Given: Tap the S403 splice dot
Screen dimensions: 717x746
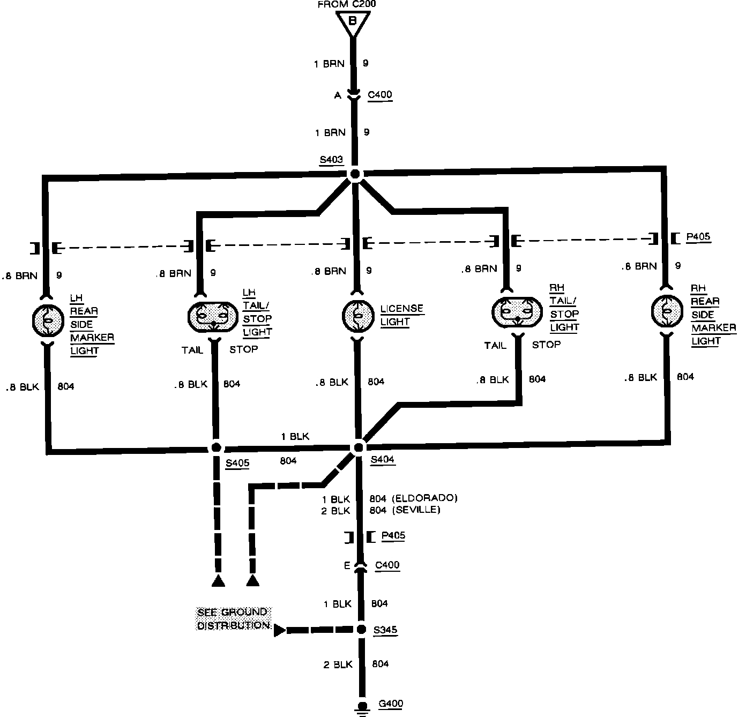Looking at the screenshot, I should [x=354, y=174].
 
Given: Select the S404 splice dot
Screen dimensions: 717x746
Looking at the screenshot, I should [x=359, y=447].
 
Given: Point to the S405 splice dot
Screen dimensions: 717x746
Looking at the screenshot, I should [x=217, y=447].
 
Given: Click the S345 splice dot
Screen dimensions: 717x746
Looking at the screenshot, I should [x=362, y=629].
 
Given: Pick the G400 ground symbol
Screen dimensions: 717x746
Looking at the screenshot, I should [x=363, y=707].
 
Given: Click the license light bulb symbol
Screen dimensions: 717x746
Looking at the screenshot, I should [x=357, y=315].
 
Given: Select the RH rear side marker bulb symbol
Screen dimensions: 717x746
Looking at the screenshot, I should [x=666, y=311].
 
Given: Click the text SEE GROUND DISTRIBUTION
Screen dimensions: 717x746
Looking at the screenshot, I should [x=233, y=618].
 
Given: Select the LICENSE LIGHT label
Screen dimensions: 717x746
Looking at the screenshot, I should [x=402, y=315].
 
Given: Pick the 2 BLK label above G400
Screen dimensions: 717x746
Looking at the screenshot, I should [x=338, y=664].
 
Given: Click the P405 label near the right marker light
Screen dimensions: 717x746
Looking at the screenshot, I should [x=698, y=237].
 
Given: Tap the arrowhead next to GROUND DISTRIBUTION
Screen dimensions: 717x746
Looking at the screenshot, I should [x=279, y=630].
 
